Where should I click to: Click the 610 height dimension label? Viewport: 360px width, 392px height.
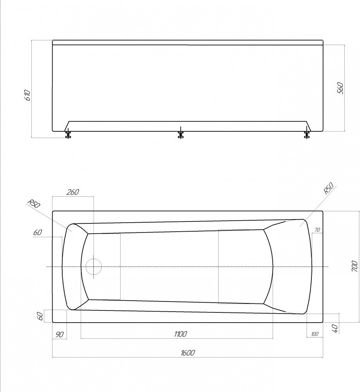(x=27, y=96)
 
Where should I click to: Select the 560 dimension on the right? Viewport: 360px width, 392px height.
(x=340, y=88)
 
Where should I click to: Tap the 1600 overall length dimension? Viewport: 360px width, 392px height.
(x=188, y=353)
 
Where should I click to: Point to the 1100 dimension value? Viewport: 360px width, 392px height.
(x=180, y=334)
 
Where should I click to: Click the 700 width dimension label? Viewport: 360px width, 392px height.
(x=354, y=267)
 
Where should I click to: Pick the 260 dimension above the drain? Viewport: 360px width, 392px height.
(x=73, y=192)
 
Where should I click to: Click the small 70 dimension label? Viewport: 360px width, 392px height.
(x=317, y=230)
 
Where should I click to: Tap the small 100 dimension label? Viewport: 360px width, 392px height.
(x=315, y=334)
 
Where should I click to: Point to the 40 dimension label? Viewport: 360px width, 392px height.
(x=335, y=328)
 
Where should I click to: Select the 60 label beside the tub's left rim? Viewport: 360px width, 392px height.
(x=37, y=233)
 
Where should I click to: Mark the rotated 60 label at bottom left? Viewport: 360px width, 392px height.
(x=40, y=316)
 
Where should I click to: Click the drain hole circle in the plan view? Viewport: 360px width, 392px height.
(x=94, y=267)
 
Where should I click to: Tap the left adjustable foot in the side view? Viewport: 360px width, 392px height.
(x=68, y=134)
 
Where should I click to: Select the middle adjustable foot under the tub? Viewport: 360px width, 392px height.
(x=180, y=134)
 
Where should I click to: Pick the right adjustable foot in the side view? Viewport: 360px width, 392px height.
(x=306, y=134)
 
